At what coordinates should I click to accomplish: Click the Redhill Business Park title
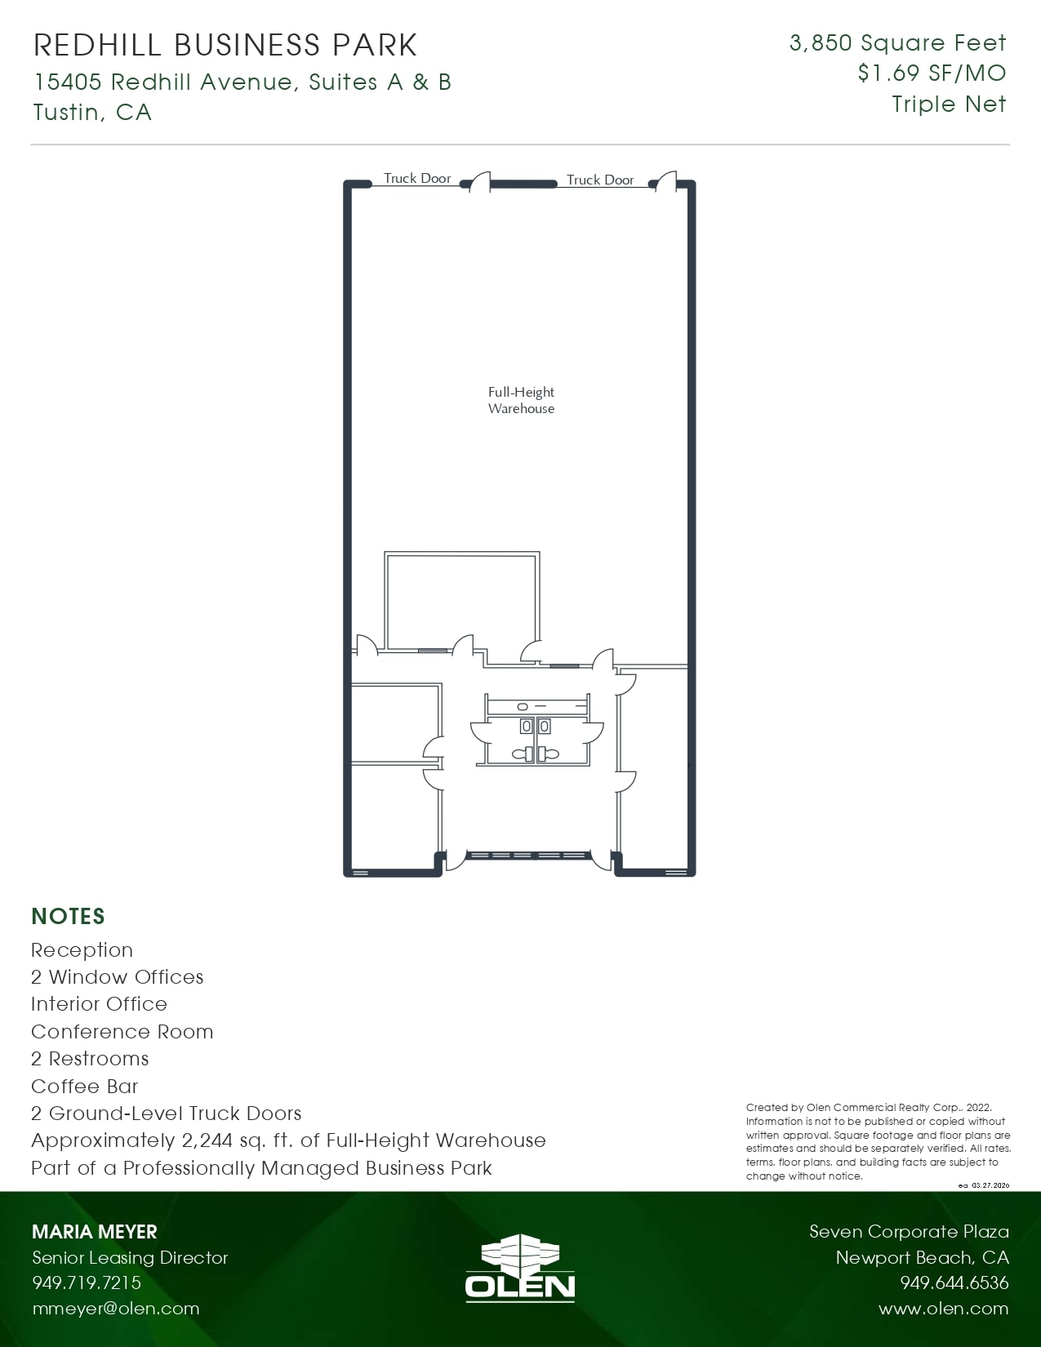[225, 45]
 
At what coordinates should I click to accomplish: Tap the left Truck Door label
[417, 178]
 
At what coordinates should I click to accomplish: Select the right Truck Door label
[600, 180]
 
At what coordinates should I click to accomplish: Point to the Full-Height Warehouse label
[521, 400]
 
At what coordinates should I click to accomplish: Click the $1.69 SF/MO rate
[932, 73]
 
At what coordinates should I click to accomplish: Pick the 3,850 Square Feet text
[897, 42]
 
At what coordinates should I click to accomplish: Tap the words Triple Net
[949, 104]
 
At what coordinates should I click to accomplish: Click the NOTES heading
[68, 916]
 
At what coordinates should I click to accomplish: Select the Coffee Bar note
[84, 1086]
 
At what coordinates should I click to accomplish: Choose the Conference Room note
[122, 1031]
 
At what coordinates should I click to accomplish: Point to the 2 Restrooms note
[90, 1059]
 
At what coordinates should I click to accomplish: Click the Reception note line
[82, 950]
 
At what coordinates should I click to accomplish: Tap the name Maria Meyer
[94, 1231]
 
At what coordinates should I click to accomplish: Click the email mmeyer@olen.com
[115, 1308]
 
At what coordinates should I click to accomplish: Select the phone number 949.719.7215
[87, 1283]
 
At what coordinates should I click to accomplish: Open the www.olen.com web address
[943, 1308]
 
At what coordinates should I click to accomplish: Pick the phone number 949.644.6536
[954, 1283]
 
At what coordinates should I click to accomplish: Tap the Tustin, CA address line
[92, 112]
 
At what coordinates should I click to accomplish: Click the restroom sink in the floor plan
[523, 705]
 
